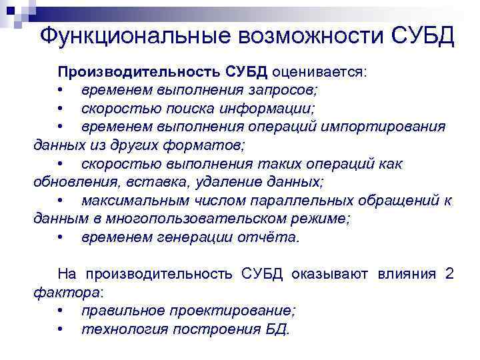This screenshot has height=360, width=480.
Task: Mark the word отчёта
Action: (271, 237)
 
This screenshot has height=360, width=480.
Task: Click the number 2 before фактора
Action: (449, 273)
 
